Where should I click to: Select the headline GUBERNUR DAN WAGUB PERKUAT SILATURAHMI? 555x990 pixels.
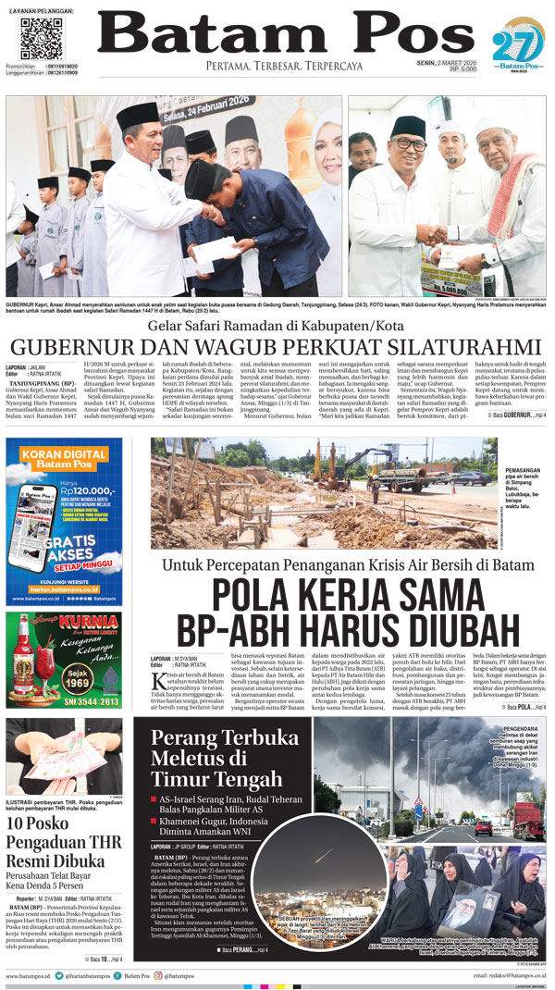coord(277,345)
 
